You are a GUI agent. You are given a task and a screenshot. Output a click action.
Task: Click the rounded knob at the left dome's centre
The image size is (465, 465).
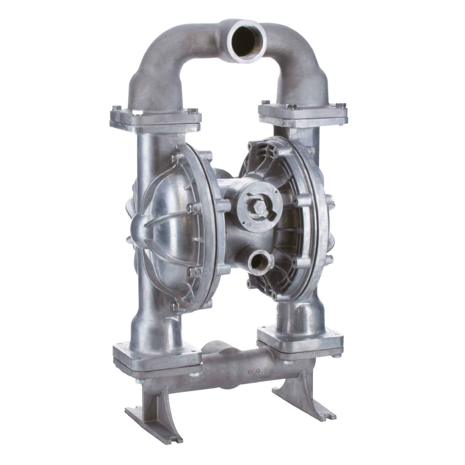(139, 229)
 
